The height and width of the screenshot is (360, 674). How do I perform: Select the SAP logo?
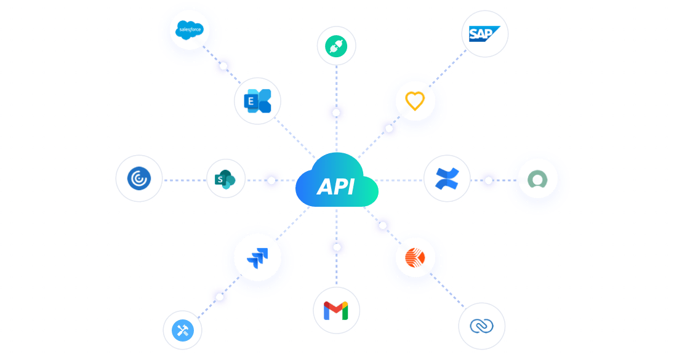(x=484, y=34)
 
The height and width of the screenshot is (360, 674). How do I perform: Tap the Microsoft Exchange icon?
(x=257, y=101)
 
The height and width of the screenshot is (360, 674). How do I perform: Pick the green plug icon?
(x=337, y=46)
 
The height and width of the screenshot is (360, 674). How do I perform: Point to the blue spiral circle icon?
(x=139, y=178)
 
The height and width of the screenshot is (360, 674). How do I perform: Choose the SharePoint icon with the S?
(x=226, y=179)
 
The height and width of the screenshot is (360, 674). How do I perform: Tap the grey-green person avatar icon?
(x=537, y=181)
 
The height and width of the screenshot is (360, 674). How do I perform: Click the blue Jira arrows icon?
(x=257, y=258)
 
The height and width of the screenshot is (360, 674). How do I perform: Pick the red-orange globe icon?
(x=415, y=258)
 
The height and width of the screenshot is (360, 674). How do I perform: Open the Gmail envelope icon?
(x=336, y=311)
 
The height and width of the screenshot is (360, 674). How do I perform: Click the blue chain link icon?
(x=481, y=326)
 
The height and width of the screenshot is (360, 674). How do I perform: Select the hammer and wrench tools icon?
(x=182, y=330)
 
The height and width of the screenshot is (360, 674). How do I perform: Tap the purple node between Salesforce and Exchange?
(x=223, y=66)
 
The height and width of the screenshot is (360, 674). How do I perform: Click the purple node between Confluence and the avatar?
(x=489, y=180)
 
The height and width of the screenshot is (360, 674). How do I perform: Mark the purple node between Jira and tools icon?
(x=219, y=297)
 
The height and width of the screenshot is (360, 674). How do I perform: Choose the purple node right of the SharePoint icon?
(x=271, y=180)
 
